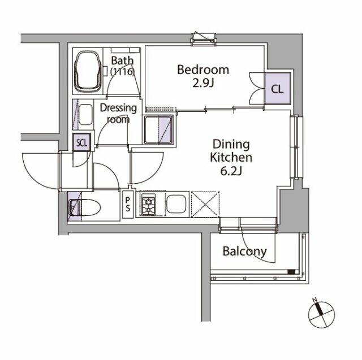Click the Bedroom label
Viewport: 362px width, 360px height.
(203, 70)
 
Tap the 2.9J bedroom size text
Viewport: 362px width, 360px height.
(203, 83)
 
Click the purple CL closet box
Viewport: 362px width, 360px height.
(277, 89)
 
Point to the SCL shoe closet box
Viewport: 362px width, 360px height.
(81, 142)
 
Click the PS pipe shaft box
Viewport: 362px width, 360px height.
(128, 205)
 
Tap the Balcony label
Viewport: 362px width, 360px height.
(244, 251)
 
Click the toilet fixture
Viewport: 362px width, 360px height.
(84, 207)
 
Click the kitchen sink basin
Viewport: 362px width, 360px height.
(176, 204)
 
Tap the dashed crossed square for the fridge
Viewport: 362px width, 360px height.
(205, 205)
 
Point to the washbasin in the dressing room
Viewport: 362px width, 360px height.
(85, 114)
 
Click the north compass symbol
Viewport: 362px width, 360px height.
(321, 314)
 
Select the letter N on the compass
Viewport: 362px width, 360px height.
(314, 300)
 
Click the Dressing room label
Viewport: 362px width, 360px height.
(118, 114)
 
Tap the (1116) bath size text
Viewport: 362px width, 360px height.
(122, 72)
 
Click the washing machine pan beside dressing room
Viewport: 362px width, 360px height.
(158, 129)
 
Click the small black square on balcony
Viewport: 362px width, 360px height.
(291, 272)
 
